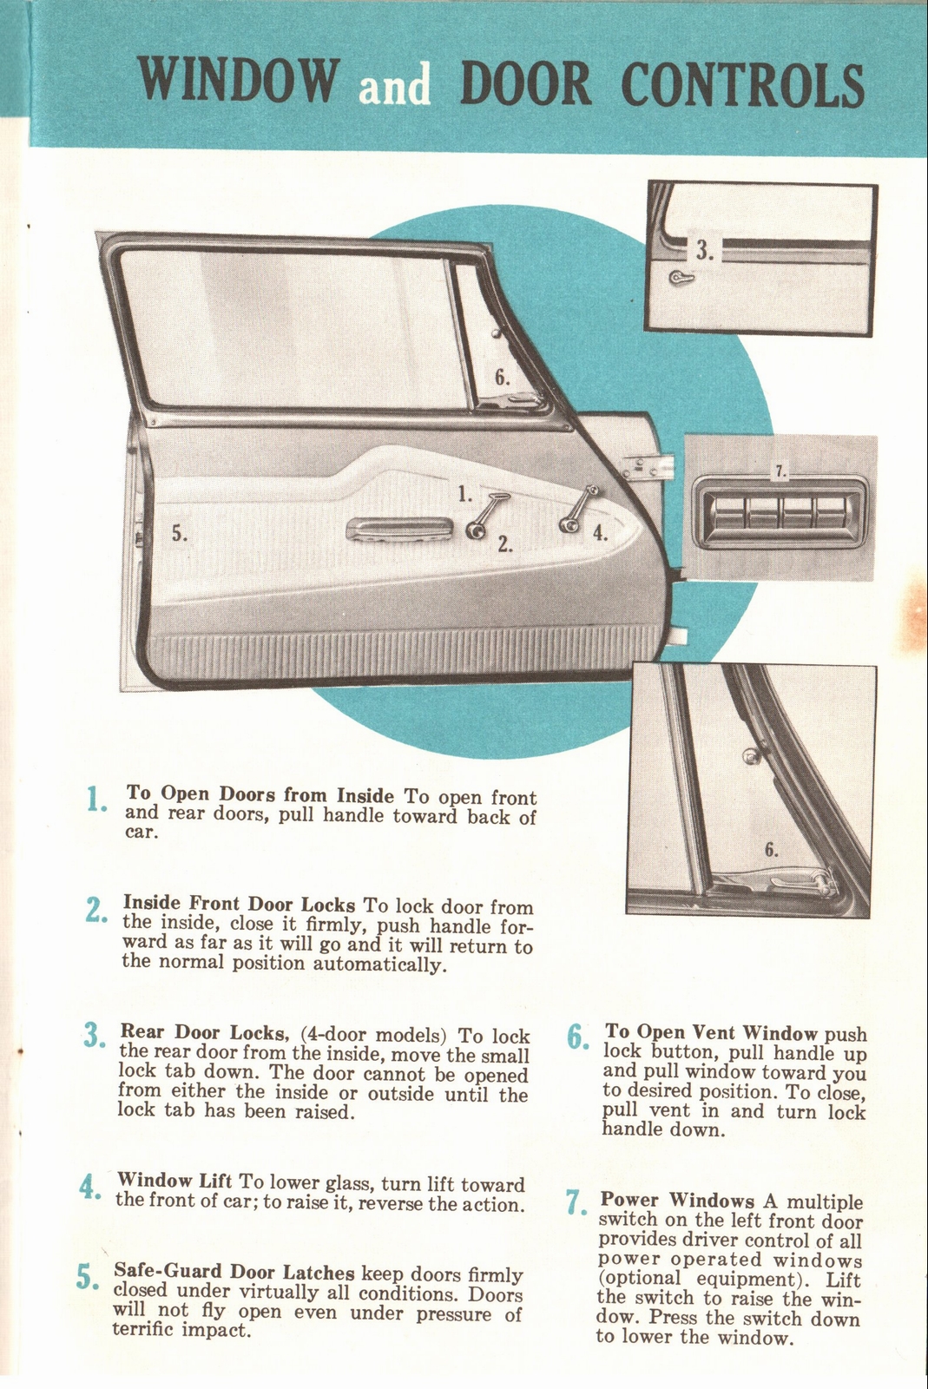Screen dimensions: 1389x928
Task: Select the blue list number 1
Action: (x=95, y=800)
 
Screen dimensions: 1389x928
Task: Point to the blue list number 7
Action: (x=573, y=1202)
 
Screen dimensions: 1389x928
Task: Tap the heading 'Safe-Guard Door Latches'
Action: (x=234, y=1272)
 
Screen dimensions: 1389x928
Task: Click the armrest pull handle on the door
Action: (x=398, y=529)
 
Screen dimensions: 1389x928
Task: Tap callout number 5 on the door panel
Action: (x=179, y=535)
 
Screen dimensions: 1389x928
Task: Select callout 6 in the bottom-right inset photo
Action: (x=770, y=849)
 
